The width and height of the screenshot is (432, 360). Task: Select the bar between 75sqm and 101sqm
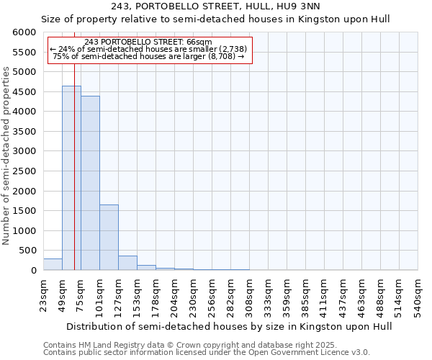click(x=90, y=183)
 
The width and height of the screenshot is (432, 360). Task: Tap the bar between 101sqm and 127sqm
click(x=109, y=238)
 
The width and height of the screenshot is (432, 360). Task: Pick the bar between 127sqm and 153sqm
click(x=127, y=263)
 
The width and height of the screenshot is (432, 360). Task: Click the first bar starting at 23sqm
click(x=53, y=264)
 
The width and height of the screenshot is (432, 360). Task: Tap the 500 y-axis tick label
click(x=29, y=251)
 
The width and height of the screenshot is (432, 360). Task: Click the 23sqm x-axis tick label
click(x=43, y=292)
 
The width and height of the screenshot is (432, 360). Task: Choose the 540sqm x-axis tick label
click(x=418, y=294)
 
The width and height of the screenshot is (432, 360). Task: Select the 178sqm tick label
click(x=156, y=294)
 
